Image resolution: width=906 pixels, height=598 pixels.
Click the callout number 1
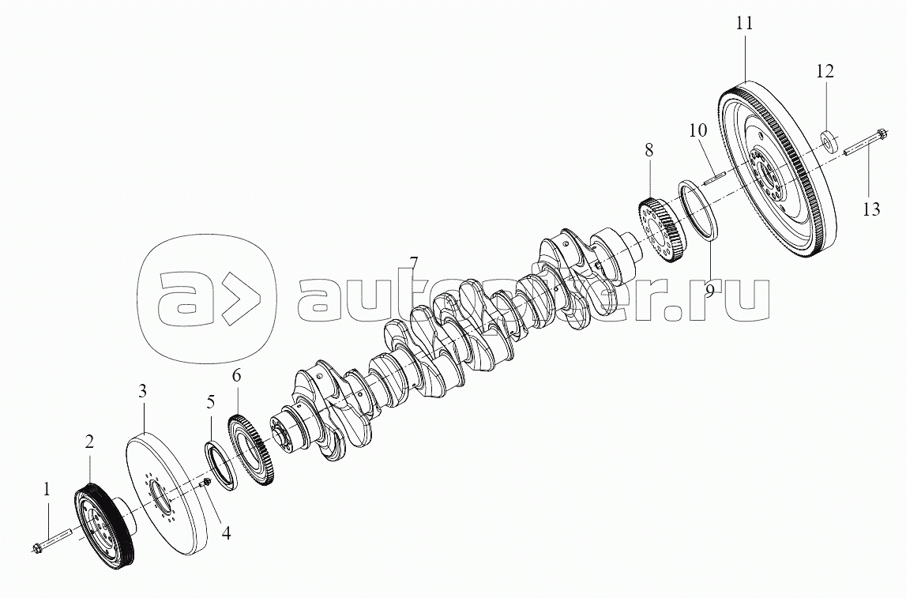click(47, 490)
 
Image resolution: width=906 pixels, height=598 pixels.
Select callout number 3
click(142, 390)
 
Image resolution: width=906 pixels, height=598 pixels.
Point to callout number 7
click(414, 262)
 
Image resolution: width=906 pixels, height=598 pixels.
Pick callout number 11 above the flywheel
click(744, 24)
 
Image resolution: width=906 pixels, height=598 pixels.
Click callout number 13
click(870, 209)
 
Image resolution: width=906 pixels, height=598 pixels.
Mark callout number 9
click(709, 290)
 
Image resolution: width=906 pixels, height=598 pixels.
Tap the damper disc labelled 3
click(166, 490)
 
